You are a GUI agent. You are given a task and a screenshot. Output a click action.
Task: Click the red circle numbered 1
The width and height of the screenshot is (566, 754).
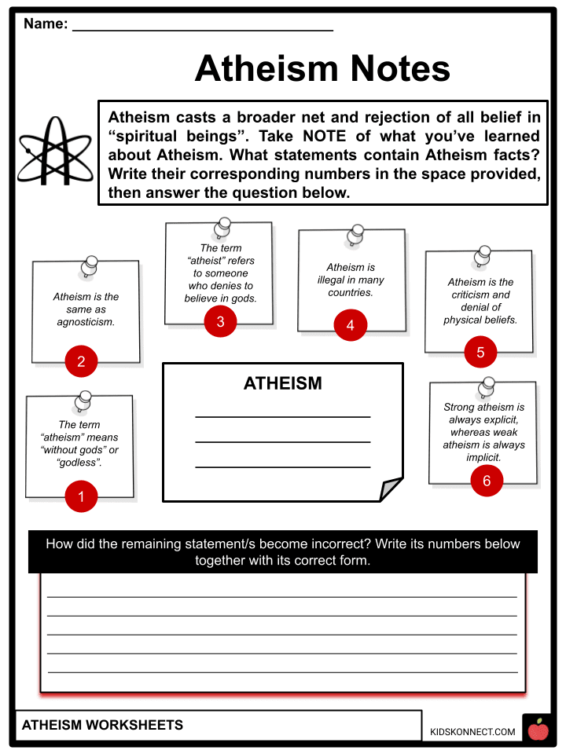coord(81,496)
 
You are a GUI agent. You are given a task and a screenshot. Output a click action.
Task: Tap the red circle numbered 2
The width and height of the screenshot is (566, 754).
coord(81,362)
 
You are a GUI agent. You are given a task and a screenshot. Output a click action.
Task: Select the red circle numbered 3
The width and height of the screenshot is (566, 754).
coord(220,321)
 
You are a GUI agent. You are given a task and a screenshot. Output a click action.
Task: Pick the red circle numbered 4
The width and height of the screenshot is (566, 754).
coord(350,325)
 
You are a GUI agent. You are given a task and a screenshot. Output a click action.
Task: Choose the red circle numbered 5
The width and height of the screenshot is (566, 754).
coord(480,353)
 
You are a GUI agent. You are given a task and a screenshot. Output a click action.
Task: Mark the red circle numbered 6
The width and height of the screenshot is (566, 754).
coord(487,481)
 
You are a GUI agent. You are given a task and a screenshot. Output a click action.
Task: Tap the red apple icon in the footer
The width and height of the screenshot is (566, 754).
coord(538,730)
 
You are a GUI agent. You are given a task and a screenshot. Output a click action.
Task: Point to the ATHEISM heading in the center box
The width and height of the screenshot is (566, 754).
coord(282,384)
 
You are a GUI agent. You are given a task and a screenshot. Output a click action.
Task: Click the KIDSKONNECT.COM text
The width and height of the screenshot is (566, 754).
coord(472,732)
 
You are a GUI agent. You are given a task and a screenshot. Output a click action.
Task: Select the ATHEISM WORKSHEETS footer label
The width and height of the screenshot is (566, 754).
coord(102,725)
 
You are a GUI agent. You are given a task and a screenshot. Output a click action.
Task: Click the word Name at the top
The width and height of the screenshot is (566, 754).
coord(45,24)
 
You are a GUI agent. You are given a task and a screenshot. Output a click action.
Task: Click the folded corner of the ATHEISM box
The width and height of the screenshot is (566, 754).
coord(391,490)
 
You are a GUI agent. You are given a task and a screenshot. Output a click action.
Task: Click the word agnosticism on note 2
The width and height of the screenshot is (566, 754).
coord(86,322)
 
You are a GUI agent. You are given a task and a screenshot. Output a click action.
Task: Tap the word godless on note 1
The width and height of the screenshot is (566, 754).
coord(79,463)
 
